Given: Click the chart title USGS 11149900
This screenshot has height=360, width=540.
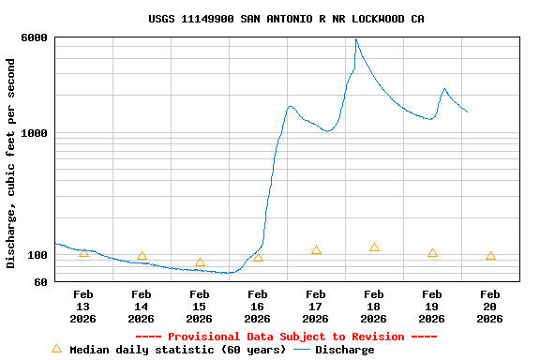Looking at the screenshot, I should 286,19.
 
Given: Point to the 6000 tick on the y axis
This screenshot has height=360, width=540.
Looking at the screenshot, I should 36,37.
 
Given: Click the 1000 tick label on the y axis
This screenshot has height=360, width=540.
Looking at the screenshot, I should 36,133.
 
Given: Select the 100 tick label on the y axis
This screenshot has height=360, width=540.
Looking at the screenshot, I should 39,255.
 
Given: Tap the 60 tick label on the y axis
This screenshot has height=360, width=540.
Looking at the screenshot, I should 42,281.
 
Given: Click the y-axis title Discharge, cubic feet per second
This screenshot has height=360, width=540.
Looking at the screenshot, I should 11,163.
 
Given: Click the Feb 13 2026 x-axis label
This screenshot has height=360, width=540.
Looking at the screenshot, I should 83,307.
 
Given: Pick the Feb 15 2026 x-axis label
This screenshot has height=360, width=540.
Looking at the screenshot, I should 200,307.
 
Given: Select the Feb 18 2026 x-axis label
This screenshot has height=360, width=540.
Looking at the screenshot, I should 374,307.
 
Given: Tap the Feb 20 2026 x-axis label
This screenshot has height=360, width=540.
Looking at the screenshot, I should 490,307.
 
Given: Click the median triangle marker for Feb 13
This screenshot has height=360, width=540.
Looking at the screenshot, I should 83,252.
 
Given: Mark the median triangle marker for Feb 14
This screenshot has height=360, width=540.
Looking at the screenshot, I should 142,256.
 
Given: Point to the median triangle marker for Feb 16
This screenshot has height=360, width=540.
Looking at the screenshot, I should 258,257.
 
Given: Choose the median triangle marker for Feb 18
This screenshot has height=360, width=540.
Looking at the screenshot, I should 374,247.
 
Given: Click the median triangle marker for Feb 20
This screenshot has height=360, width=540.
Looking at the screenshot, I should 490,256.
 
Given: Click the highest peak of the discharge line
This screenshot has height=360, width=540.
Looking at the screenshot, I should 356,39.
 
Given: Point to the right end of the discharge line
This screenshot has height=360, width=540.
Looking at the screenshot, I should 467,112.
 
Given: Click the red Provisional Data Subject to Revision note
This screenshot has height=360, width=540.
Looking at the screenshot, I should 286,337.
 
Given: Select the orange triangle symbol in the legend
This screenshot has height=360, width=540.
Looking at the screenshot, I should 56,349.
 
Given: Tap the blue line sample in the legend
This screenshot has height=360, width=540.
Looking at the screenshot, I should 301,350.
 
